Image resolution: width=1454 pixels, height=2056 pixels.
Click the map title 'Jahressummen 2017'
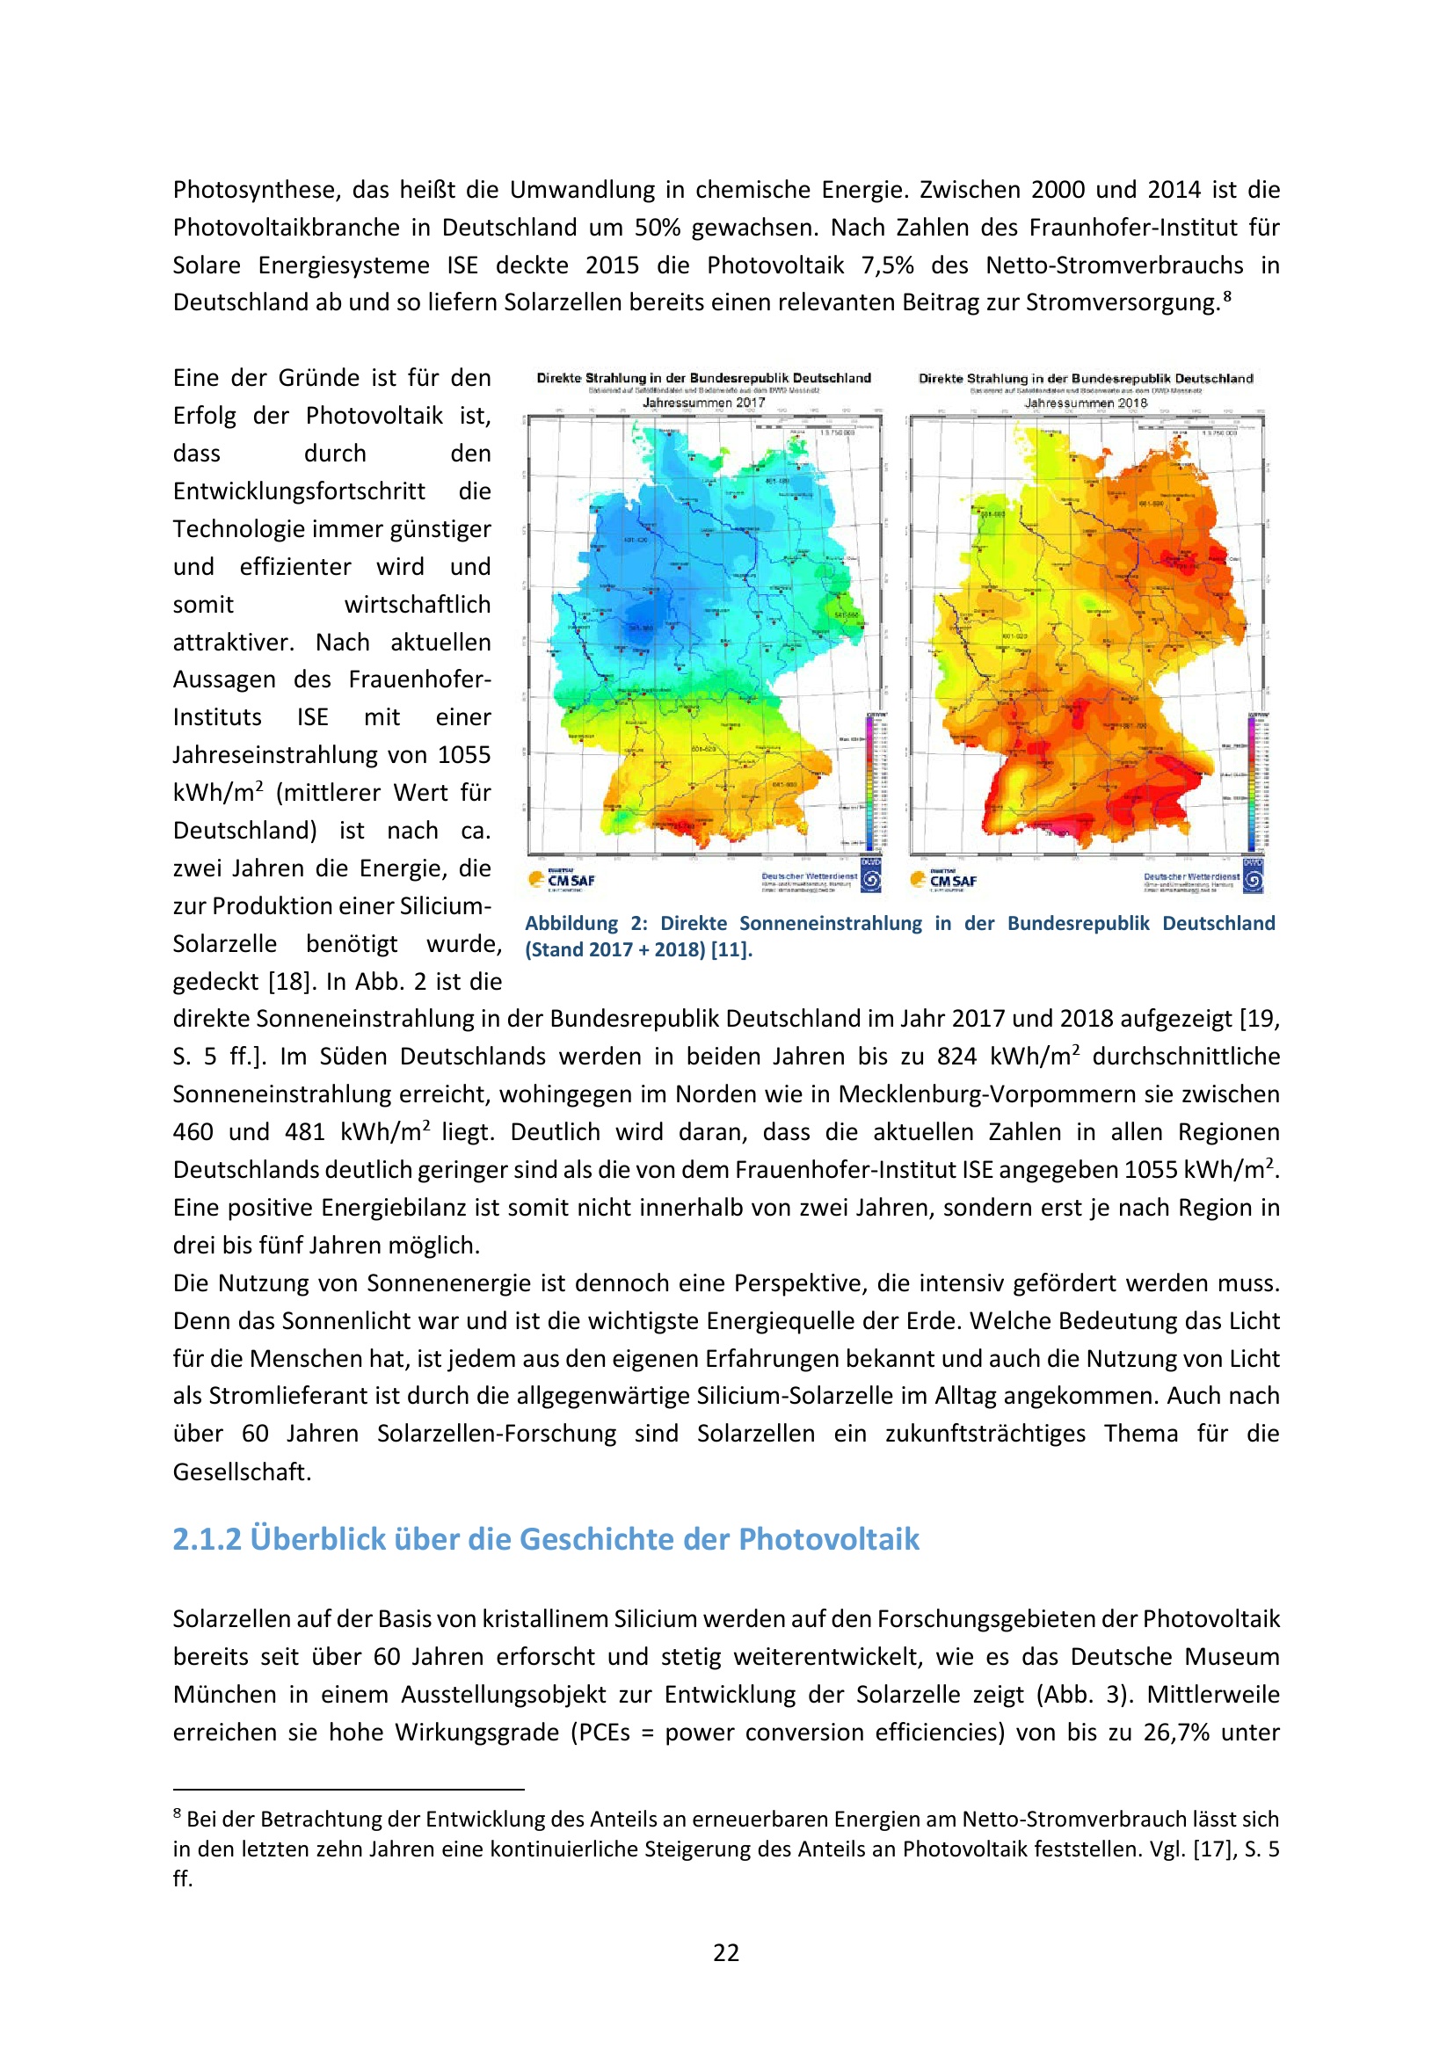click(x=704, y=403)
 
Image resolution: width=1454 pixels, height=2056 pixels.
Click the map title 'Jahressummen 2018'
click(x=1085, y=403)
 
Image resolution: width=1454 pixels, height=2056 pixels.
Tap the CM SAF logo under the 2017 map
click(x=563, y=880)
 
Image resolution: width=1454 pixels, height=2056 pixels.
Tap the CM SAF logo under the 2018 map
click(x=943, y=880)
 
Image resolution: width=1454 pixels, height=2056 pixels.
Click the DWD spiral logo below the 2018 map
click(x=1254, y=881)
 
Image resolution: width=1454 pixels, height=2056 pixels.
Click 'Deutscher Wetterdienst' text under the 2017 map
click(x=810, y=876)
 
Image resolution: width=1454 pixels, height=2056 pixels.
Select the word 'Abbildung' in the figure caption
click(x=571, y=923)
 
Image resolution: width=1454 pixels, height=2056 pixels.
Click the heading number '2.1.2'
click(x=207, y=1539)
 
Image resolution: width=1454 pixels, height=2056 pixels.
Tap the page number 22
click(x=726, y=1953)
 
